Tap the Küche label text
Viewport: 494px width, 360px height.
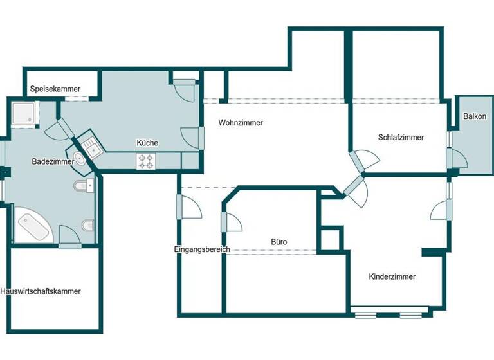point(147,143)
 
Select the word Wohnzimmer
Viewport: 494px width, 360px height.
point(241,123)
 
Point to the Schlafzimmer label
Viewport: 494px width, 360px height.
point(401,137)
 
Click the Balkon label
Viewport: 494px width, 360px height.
point(475,116)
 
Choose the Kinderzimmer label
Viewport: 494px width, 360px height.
point(392,277)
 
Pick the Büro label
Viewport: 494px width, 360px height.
point(279,242)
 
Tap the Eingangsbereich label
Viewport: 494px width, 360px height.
point(201,249)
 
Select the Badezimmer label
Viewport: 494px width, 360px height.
point(51,163)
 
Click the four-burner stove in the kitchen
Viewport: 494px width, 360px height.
point(145,161)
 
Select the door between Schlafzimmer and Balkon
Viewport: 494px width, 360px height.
point(457,156)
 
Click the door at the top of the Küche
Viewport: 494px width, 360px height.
point(185,88)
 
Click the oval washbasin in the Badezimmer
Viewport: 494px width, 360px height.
point(79,159)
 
